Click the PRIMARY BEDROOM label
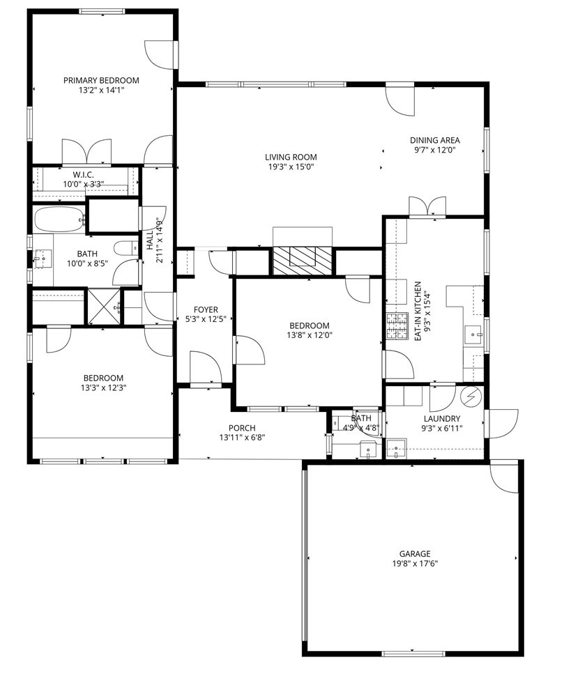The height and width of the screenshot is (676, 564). click(101, 80)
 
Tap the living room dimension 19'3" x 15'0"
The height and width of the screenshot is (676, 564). click(290, 167)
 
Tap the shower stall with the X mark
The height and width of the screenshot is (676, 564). click(103, 306)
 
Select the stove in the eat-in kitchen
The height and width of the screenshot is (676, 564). click(397, 326)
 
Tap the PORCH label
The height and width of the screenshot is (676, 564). click(242, 428)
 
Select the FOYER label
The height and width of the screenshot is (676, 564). click(206, 309)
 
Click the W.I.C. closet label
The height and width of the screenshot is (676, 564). click(83, 174)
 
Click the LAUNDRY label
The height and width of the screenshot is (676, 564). click(441, 418)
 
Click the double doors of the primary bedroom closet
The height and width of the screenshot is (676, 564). click(86, 151)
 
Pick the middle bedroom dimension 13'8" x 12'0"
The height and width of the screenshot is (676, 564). click(309, 335)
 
